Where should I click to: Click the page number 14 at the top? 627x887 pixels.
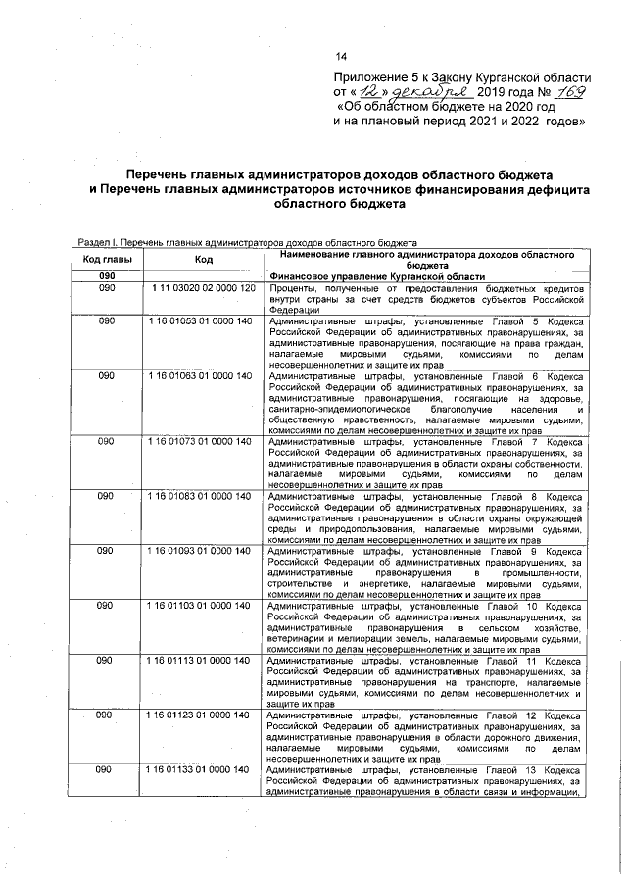pyautogui.click(x=341, y=56)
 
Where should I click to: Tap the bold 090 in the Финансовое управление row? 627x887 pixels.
pyautogui.click(x=107, y=277)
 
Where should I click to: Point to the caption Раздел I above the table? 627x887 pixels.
pyautogui.click(x=98, y=242)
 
